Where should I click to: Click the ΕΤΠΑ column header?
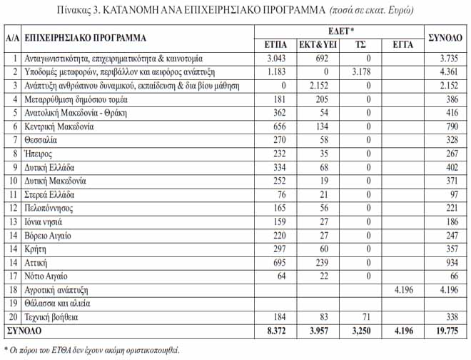(x=275, y=44)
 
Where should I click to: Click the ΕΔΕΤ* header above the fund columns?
(x=340, y=31)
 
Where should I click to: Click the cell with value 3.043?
(x=275, y=58)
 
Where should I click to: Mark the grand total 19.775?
(x=445, y=331)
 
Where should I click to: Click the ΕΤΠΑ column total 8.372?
(x=275, y=331)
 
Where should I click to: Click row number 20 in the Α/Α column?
(x=11, y=316)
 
